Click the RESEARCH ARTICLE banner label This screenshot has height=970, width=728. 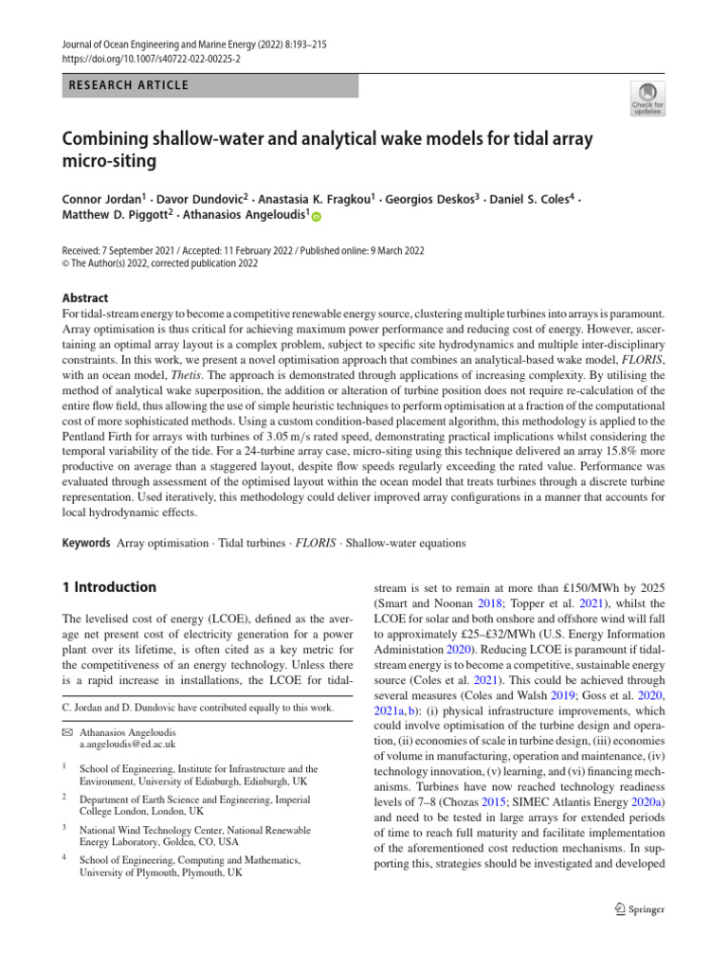pos(128,85)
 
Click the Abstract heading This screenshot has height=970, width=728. pos(85,296)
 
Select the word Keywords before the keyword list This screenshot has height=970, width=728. pos(87,543)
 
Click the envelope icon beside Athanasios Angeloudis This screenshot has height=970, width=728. pos(67,732)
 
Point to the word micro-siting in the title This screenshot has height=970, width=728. pos(110,161)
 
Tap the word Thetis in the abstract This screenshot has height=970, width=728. pos(212,373)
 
